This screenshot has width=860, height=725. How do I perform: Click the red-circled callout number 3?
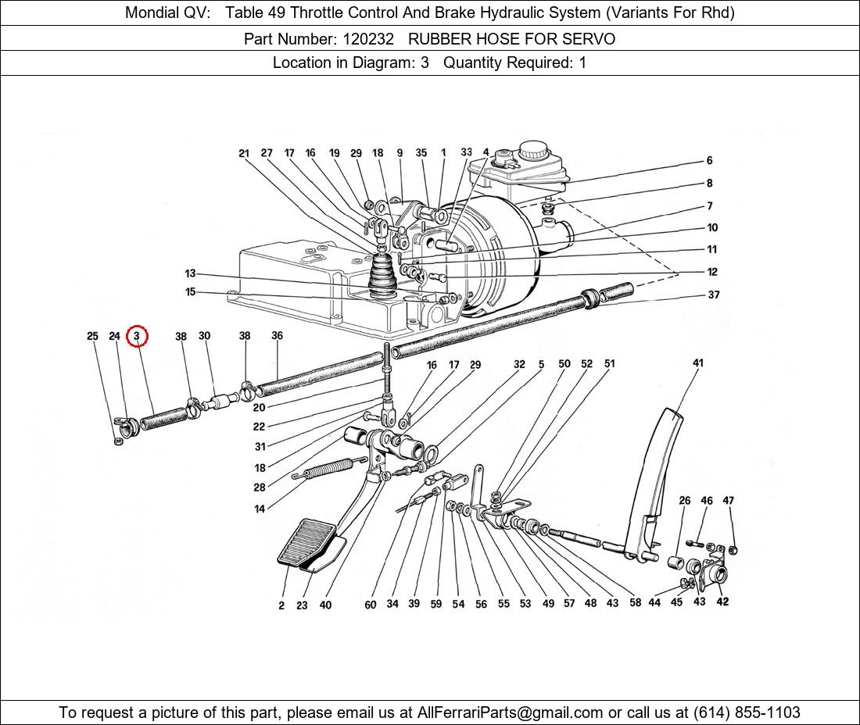tap(137, 336)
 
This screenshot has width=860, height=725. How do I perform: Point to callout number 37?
tap(713, 295)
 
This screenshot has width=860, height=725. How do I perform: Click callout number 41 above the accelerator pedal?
tap(697, 362)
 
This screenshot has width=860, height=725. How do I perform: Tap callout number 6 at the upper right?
tap(709, 160)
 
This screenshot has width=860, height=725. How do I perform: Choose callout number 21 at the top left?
tap(244, 153)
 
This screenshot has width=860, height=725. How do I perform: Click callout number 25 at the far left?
tap(92, 336)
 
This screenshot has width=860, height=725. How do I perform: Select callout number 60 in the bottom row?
tap(370, 604)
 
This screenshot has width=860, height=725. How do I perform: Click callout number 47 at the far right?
tap(728, 500)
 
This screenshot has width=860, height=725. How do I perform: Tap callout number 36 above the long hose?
tap(277, 336)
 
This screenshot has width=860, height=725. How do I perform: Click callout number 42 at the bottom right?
tap(722, 602)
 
